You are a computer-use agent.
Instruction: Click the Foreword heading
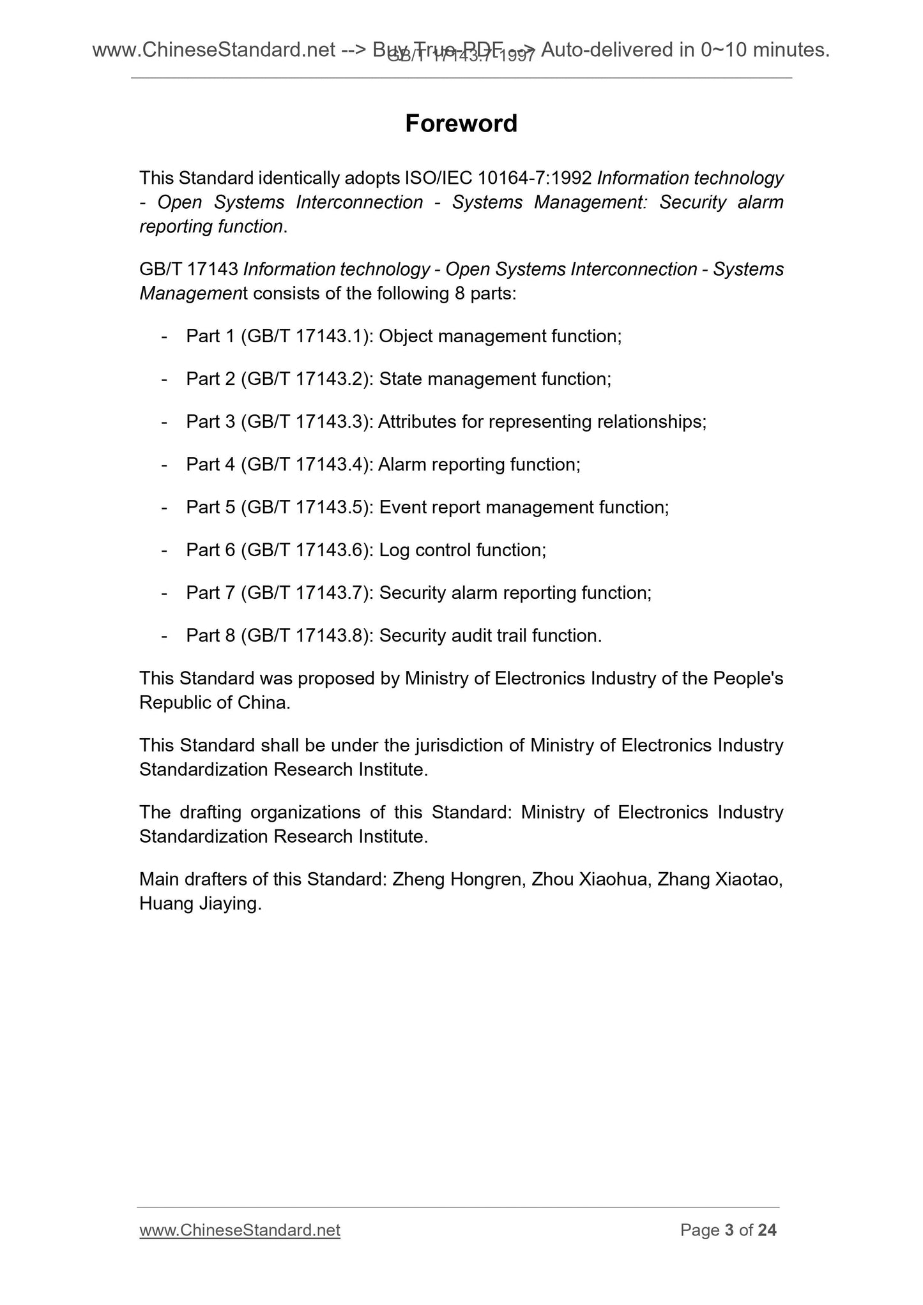tap(461, 123)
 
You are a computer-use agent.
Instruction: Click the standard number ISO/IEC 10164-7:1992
tap(498, 178)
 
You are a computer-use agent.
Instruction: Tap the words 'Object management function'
tap(499, 336)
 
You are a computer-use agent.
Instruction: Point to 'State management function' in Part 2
tap(494, 379)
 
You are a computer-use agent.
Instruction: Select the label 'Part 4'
tap(211, 465)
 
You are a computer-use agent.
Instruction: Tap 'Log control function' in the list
tap(461, 550)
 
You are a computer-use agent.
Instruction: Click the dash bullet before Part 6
tap(165, 550)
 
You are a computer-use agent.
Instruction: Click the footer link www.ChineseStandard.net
tap(240, 1230)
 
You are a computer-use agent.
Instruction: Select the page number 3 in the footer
tap(729, 1230)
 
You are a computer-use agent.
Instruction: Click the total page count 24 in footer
tap(767, 1230)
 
